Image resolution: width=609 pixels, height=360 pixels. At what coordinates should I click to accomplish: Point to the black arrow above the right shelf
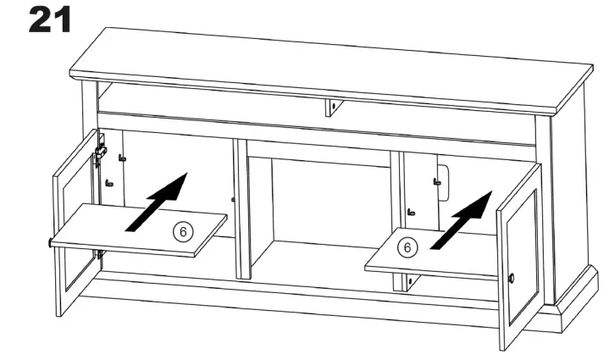462,219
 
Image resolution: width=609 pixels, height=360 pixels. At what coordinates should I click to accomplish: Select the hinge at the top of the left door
101,151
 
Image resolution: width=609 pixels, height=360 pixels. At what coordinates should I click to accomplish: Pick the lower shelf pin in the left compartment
108,182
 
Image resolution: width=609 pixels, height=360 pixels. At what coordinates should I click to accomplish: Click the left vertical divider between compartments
241,208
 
